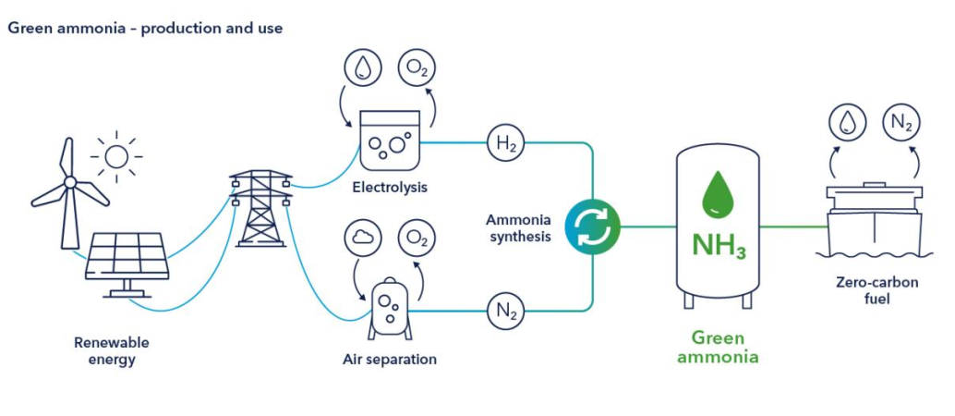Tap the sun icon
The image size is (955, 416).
click(116, 155)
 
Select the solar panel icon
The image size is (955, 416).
click(127, 263)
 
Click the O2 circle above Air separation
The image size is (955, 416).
click(417, 239)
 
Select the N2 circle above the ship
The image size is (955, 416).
click(900, 122)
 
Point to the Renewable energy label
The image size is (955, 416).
click(112, 350)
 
